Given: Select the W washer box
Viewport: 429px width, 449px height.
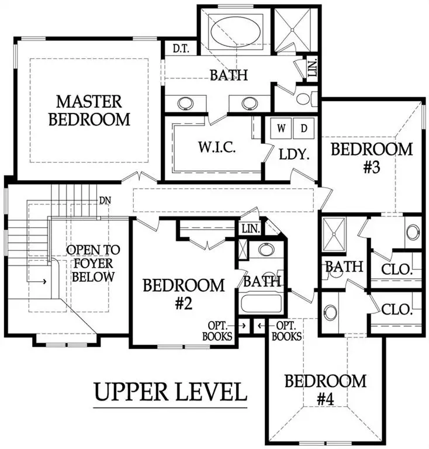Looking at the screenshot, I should coord(281,127).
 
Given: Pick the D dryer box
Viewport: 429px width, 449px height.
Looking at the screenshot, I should coord(304,127).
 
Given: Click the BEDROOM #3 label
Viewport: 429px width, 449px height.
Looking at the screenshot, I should coord(372,158).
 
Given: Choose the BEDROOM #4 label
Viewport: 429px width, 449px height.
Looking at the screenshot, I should coord(326,390).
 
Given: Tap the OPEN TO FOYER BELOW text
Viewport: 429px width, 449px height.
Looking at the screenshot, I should coord(93,263).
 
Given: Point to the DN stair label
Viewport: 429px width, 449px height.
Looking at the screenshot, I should coord(106,201).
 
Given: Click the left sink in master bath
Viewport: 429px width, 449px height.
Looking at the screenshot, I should coord(187,103).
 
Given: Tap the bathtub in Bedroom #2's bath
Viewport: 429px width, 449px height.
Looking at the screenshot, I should coord(261,305).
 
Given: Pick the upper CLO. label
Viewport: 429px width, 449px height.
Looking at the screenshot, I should coord(397,270).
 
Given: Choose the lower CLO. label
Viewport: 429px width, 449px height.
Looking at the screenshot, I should coord(397,309).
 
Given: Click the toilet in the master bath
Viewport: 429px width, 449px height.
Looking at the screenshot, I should coord(305,97).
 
